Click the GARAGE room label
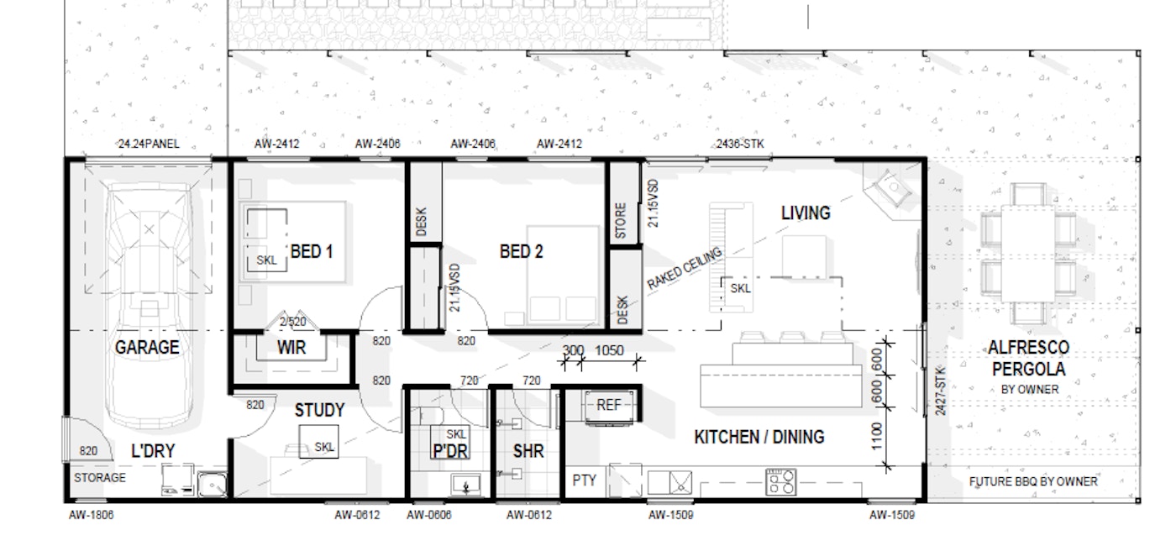click(x=147, y=347)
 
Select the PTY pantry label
click(x=584, y=480)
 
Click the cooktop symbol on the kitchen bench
click(x=780, y=481)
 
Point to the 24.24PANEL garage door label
click(x=149, y=144)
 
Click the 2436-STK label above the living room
click(x=740, y=144)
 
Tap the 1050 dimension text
click(x=609, y=350)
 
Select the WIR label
click(x=291, y=346)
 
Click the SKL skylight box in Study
click(x=324, y=448)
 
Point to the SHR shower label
click(x=528, y=451)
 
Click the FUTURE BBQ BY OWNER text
click(x=1033, y=481)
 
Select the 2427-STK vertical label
click(x=940, y=391)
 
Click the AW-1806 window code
click(x=91, y=515)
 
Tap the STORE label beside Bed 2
click(x=621, y=221)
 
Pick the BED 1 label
click(x=312, y=250)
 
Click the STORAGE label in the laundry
click(x=99, y=478)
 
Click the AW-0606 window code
click(x=429, y=515)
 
